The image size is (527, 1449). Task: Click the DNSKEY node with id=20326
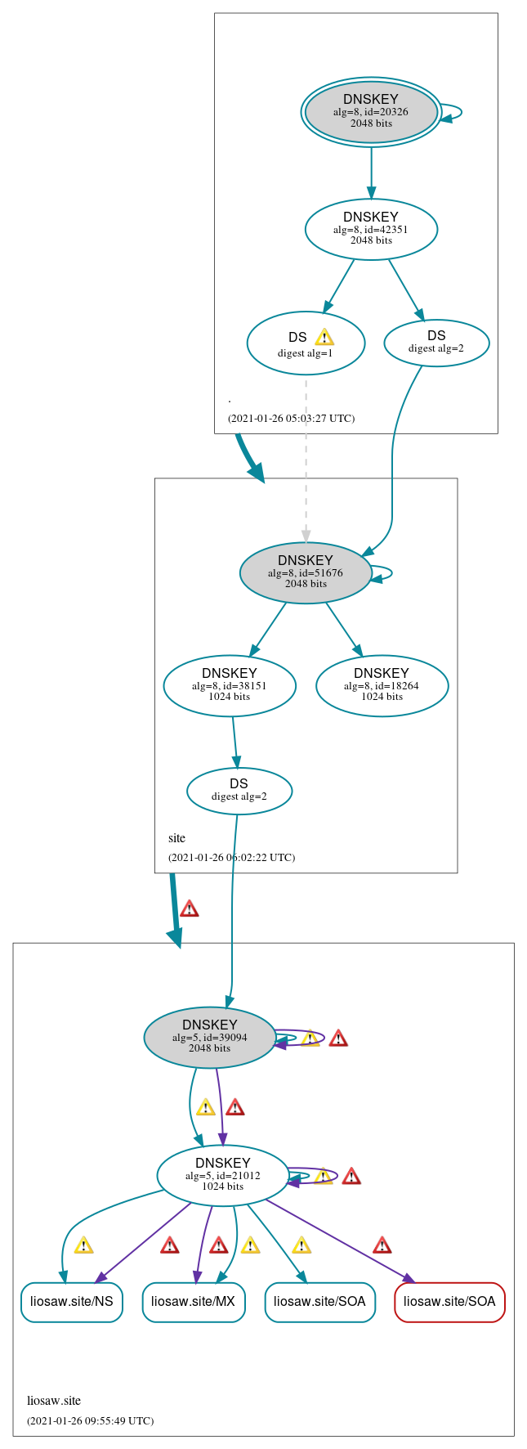click(371, 112)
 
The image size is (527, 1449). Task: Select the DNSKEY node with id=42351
click(371, 229)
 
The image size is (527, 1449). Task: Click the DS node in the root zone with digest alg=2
click(436, 342)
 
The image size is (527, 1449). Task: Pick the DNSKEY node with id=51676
click(306, 572)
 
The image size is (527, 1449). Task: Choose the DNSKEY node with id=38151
click(230, 685)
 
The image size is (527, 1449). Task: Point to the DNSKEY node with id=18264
click(382, 685)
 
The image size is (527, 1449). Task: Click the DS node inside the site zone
click(239, 790)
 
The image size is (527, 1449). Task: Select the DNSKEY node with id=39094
click(210, 1037)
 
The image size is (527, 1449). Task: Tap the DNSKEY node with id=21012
click(222, 1175)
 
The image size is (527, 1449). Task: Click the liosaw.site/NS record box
click(72, 1301)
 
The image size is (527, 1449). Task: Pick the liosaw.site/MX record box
click(194, 1301)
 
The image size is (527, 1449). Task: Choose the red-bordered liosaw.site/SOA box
click(449, 1301)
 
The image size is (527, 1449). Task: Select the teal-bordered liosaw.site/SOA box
click(319, 1301)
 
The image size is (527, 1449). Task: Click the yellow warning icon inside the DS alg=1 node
click(324, 337)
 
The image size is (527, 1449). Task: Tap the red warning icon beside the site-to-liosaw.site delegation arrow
click(189, 908)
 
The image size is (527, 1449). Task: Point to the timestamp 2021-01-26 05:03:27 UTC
click(291, 419)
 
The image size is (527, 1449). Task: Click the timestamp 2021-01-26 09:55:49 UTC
click(90, 1420)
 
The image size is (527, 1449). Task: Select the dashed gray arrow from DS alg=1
click(306, 458)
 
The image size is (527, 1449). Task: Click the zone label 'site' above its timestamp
click(176, 838)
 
